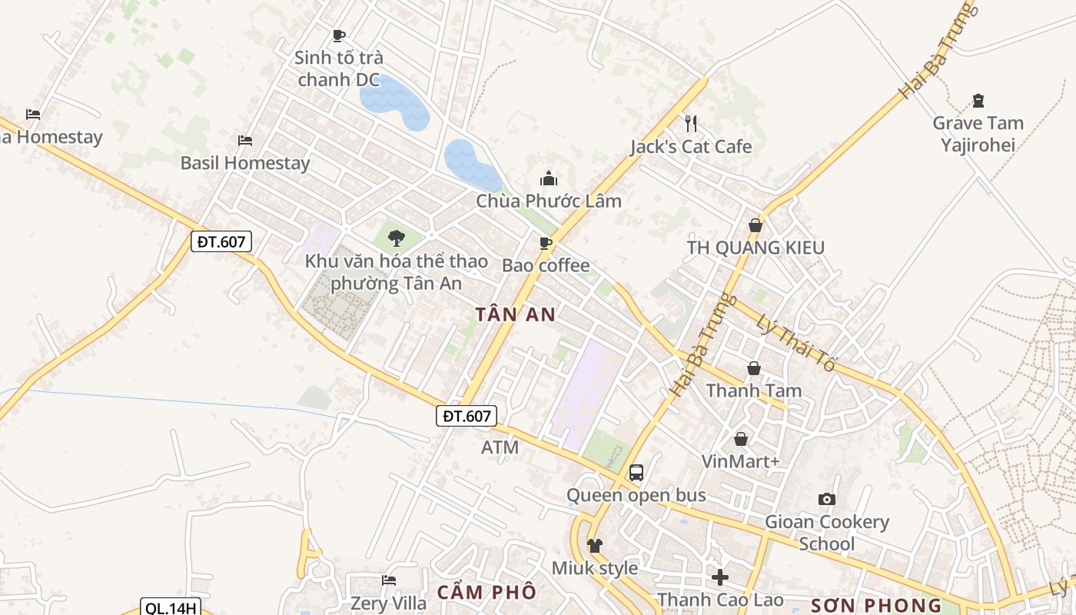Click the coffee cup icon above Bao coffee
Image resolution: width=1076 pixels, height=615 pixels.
[546, 244]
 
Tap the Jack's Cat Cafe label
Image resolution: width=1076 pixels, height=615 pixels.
[690, 147]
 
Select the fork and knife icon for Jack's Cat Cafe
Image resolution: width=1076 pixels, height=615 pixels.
[690, 123]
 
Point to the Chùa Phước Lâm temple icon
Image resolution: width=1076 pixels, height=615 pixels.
[549, 178]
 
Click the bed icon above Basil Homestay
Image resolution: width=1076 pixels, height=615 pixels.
[245, 141]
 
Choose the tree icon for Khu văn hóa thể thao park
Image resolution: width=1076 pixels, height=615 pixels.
[397, 238]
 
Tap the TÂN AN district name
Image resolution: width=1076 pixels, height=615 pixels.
[515, 314]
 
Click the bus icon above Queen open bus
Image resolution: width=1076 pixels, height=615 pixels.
[636, 473]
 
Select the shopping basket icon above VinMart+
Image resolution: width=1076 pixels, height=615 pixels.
[741, 439]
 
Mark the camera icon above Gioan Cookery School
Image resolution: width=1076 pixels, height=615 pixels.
[827, 500]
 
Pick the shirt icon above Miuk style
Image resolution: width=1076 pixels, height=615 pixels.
[595, 546]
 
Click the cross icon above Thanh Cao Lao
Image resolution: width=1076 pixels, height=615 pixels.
[720, 577]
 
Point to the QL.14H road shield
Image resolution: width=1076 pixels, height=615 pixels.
[171, 608]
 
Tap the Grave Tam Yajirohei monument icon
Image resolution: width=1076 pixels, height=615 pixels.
[978, 100]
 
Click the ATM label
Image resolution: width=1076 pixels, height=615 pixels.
[500, 447]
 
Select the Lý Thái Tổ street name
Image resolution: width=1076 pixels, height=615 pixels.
[795, 344]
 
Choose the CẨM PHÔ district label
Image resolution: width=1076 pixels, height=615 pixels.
[487, 593]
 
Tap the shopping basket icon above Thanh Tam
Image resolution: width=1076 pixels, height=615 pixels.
[754, 368]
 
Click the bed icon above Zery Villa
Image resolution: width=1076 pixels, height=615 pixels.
[389, 580]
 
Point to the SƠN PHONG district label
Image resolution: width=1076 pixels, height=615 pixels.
[876, 605]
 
